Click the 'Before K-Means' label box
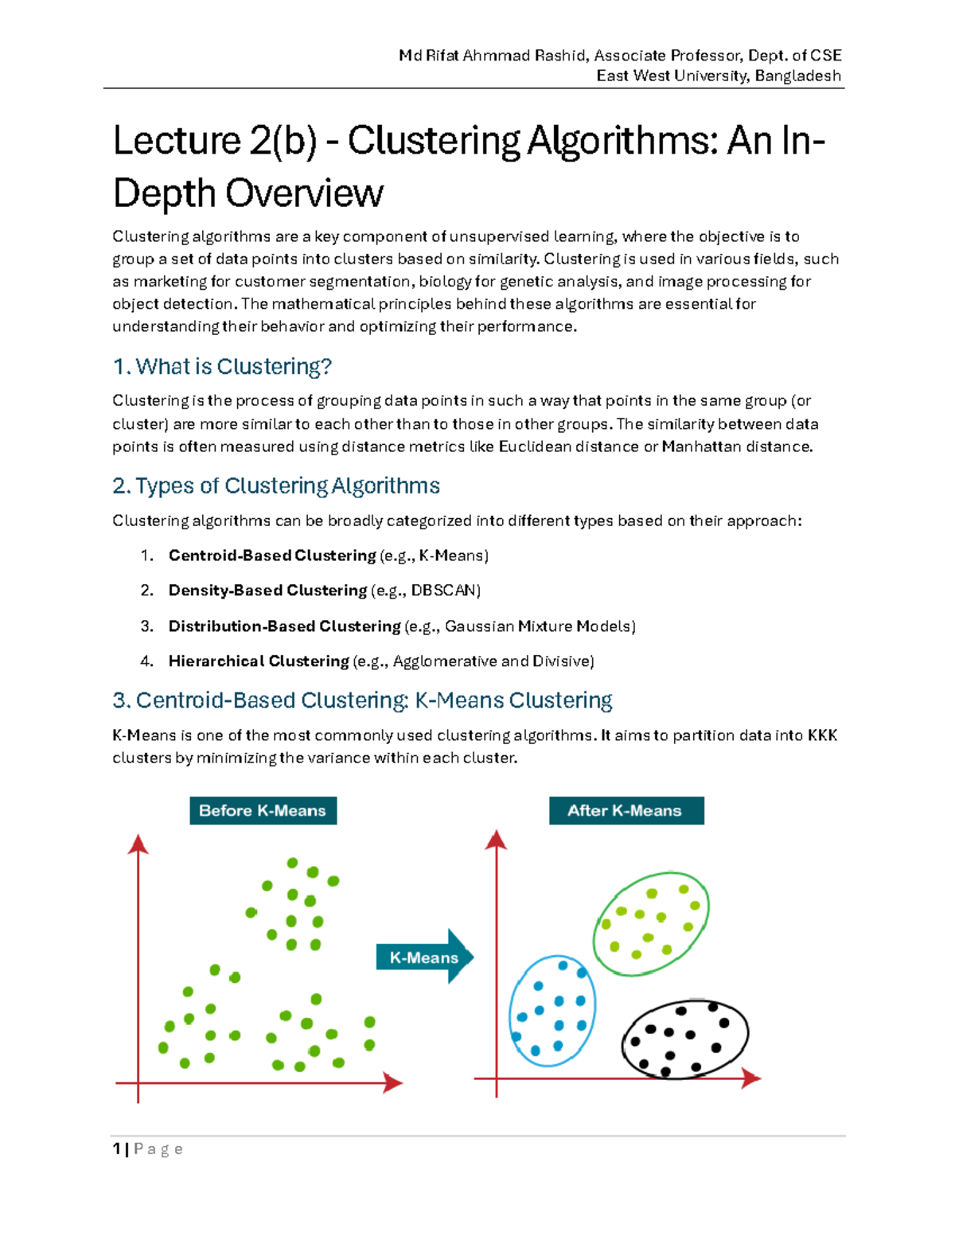point(263,810)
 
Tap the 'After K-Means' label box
point(626,810)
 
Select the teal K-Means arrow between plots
point(425,957)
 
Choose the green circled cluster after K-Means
point(651,923)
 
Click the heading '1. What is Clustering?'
point(222,366)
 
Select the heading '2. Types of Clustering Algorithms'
point(276,485)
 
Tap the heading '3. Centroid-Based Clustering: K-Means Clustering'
point(362,700)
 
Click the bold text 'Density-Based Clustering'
point(267,590)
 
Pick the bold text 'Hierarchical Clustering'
point(259,661)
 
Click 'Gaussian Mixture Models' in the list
point(538,626)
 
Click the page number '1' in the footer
point(117,1148)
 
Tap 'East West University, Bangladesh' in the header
point(718,76)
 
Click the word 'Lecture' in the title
point(177,141)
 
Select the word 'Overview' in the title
point(304,193)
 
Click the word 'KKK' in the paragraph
point(822,735)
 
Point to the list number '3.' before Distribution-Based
point(146,626)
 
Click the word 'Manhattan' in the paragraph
point(700,446)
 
